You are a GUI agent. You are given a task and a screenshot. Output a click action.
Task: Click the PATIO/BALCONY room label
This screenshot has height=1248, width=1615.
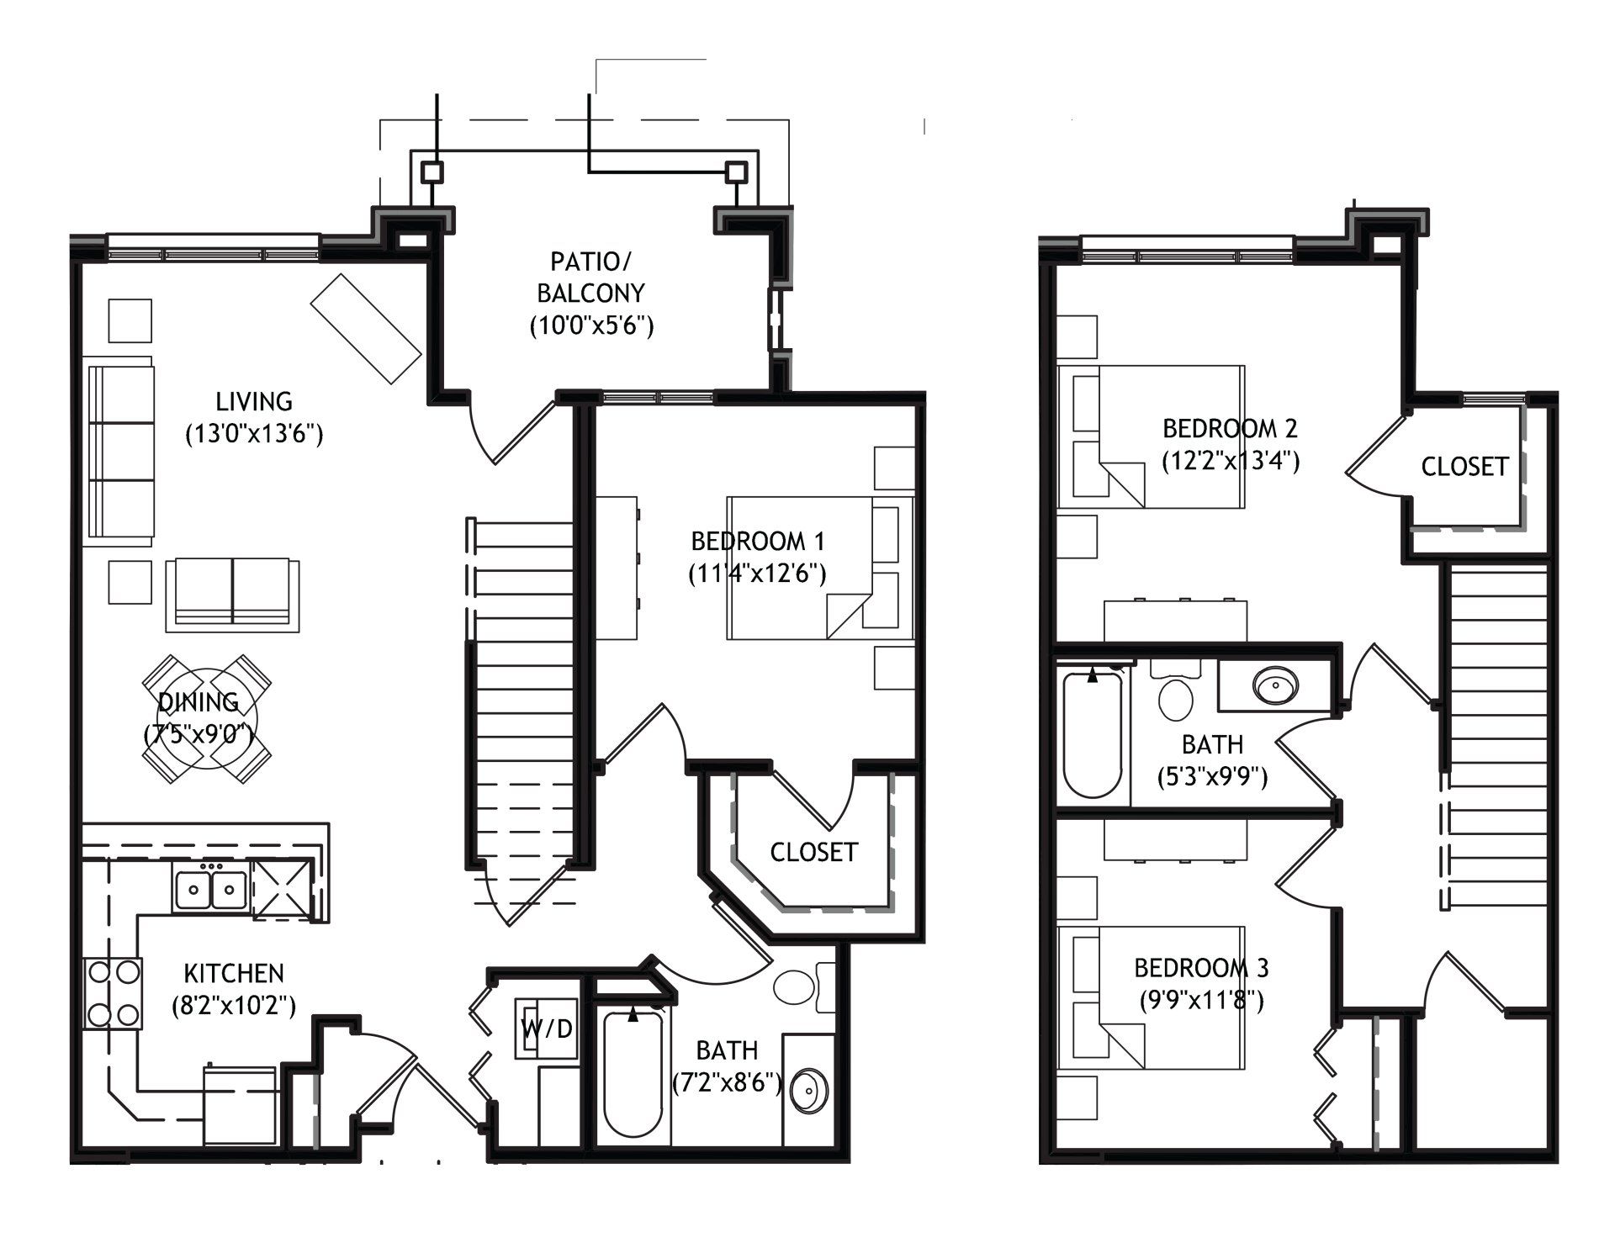pos(591,277)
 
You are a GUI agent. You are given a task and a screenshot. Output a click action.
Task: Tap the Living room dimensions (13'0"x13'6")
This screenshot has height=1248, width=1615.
pos(254,434)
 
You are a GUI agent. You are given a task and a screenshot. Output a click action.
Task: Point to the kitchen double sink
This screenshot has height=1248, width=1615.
pos(210,890)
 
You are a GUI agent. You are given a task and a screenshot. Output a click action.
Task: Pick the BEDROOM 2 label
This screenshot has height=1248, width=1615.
pos(1230,429)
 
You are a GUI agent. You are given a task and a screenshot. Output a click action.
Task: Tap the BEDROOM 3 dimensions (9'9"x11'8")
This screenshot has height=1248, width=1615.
pos(1201,1001)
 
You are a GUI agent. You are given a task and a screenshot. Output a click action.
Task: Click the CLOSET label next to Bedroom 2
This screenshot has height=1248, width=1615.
pos(1464,467)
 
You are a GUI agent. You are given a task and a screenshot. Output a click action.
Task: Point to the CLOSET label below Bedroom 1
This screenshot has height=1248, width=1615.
pos(813,852)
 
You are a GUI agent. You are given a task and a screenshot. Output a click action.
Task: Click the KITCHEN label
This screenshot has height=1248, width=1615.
pos(234,974)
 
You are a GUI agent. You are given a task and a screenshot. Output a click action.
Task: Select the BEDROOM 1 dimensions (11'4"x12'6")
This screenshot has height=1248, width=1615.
pos(757,574)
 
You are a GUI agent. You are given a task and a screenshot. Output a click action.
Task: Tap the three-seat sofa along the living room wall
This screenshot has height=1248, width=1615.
pos(122,452)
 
